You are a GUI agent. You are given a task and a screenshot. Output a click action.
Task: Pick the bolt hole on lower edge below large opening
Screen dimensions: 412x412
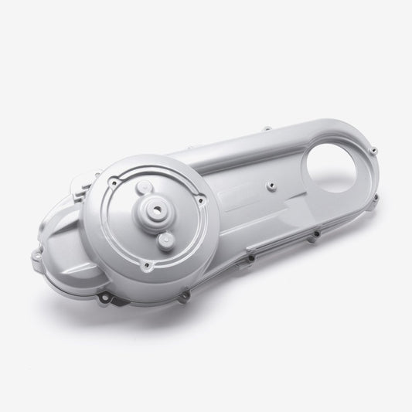coord(316,233)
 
